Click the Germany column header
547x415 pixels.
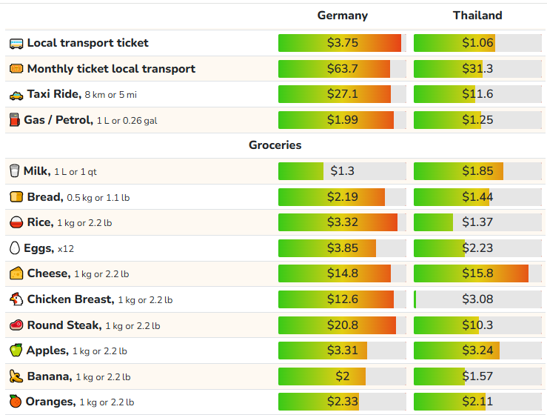tap(342, 16)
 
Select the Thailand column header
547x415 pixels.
tap(477, 16)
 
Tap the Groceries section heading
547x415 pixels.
tap(275, 145)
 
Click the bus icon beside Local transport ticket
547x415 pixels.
tap(16, 43)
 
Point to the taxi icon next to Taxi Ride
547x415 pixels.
tap(16, 95)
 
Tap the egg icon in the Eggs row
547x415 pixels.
tap(15, 248)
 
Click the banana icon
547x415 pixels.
tap(16, 376)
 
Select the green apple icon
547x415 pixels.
tap(16, 351)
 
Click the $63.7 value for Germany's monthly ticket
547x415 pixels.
tap(342, 69)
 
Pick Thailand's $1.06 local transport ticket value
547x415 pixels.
tap(477, 43)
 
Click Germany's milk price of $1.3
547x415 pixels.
tap(342, 171)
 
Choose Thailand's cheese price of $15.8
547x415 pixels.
tap(477, 273)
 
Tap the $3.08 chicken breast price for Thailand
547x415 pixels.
tap(477, 299)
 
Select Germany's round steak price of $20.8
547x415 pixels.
tap(342, 325)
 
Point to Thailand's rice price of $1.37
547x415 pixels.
tap(477, 222)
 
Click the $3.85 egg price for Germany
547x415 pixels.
tap(342, 248)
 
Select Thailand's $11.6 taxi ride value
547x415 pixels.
tap(477, 94)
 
